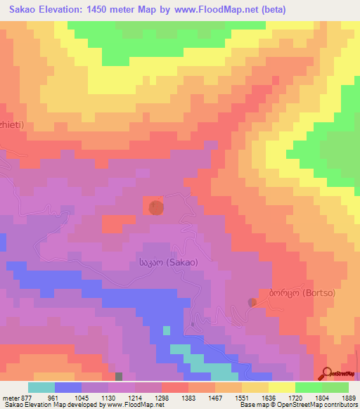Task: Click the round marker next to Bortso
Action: point(252,302)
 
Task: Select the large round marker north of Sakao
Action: point(156,207)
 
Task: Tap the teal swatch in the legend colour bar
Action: point(41,387)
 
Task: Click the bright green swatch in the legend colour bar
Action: point(309,387)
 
